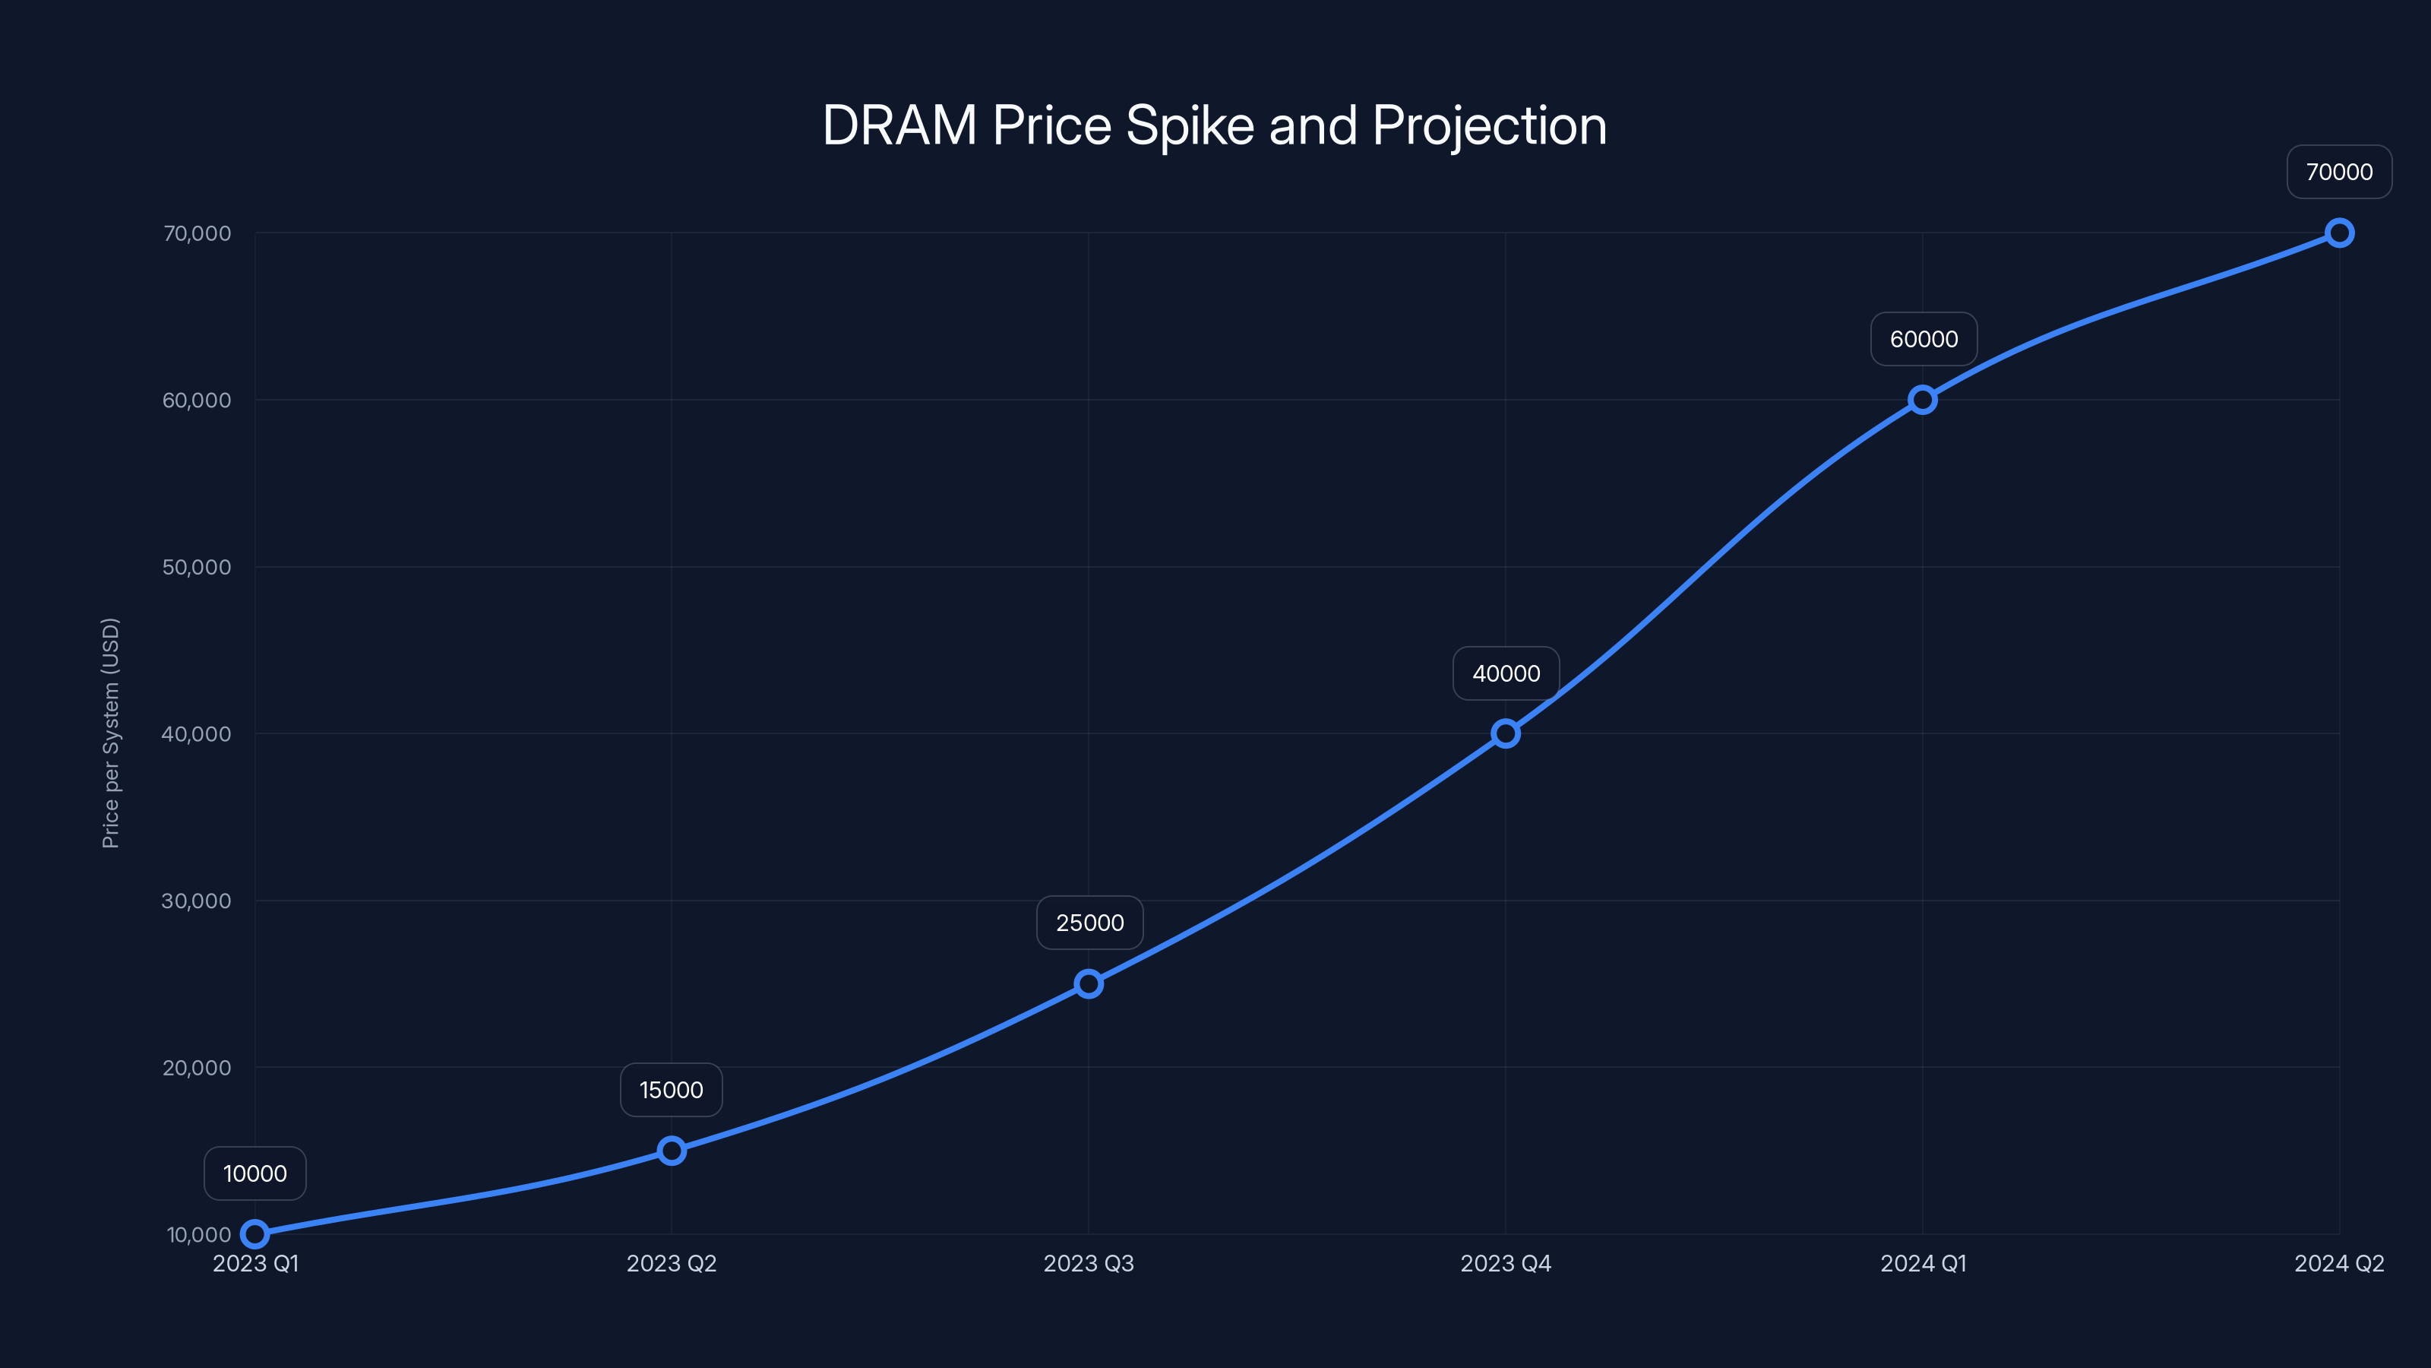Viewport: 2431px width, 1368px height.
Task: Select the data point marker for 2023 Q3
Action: tap(1088, 983)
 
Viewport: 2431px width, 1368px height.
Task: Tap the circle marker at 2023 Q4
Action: tap(1505, 733)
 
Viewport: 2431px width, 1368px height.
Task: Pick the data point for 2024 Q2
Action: tap(2338, 233)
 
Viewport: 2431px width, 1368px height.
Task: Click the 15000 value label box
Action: tap(671, 1090)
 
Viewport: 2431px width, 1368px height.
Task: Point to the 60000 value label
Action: tap(1924, 339)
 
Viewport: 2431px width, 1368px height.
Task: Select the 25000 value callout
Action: tap(1089, 923)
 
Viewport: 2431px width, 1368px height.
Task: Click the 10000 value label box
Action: tap(254, 1173)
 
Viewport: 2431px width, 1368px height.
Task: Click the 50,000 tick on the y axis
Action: tap(196, 568)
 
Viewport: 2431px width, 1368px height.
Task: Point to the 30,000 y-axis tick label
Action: tap(196, 901)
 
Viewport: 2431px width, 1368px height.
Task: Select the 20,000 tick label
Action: tap(196, 1068)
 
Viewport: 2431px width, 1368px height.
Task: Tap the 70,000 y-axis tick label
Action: tap(196, 233)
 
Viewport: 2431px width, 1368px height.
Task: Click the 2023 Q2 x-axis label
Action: tap(671, 1263)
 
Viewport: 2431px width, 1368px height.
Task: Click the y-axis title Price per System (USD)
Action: tap(110, 733)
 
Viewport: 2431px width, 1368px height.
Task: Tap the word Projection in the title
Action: tap(1489, 126)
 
